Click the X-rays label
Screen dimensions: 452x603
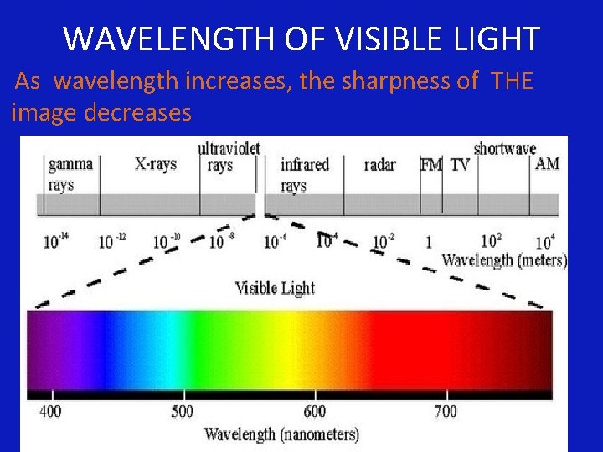(x=155, y=164)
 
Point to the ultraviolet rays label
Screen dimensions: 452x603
(x=228, y=157)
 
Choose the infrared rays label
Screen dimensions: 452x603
(x=304, y=173)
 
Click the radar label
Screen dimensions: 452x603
(x=380, y=165)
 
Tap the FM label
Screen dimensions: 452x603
(x=430, y=165)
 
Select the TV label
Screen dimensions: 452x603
(x=460, y=165)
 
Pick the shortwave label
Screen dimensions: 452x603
(x=504, y=149)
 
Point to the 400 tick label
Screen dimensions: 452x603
(x=51, y=411)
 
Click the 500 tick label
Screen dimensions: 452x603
(x=183, y=411)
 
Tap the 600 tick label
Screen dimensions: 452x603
(x=315, y=411)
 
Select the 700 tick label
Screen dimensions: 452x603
(x=446, y=411)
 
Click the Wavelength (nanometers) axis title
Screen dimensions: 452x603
(x=281, y=434)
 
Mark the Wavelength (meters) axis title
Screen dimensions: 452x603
(x=503, y=260)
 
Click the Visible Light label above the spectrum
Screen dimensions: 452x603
(x=275, y=288)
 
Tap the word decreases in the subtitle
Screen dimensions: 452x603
(x=138, y=112)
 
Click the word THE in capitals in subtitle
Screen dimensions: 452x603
(x=513, y=81)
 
